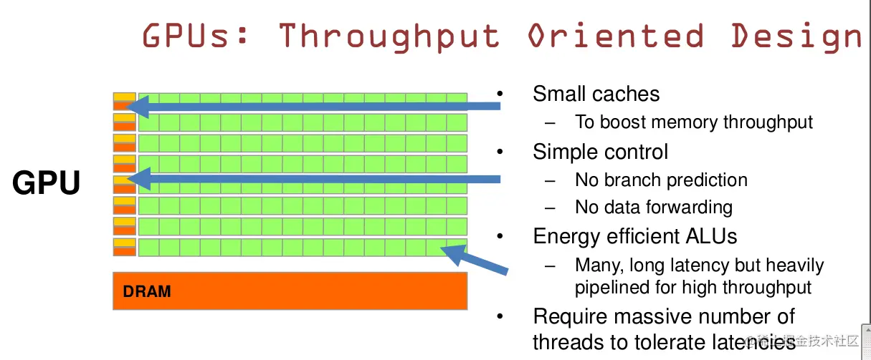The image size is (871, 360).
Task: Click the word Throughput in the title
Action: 389,37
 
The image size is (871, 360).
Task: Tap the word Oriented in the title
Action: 616,35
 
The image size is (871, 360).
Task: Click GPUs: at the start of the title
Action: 195,35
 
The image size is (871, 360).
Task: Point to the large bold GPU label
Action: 46,182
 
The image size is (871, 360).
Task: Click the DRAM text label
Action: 146,291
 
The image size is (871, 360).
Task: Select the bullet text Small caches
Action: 596,94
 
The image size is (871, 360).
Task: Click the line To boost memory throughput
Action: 694,122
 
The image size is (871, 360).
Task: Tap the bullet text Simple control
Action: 600,152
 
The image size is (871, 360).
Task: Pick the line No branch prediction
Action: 661,180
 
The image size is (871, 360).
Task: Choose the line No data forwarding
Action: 654,207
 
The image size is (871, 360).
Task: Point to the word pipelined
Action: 611,288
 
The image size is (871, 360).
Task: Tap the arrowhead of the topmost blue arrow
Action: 138,106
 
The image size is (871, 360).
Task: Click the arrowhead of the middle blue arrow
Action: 139,179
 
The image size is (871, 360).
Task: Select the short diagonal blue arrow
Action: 475,259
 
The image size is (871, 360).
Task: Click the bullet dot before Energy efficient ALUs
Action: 500,235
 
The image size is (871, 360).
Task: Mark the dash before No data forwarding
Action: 550,208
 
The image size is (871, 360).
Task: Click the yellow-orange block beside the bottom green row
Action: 125,247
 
